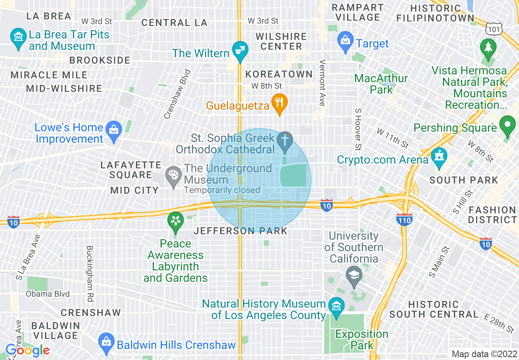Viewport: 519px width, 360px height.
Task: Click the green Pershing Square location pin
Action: point(508,126)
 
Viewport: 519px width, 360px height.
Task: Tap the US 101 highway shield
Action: point(492,29)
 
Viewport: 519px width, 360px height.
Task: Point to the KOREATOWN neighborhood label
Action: point(279,74)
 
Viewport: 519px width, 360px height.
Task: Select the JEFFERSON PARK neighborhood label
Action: point(241,231)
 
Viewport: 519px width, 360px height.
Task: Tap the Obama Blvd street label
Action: point(48,294)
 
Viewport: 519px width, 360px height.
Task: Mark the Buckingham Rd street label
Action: point(90,268)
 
